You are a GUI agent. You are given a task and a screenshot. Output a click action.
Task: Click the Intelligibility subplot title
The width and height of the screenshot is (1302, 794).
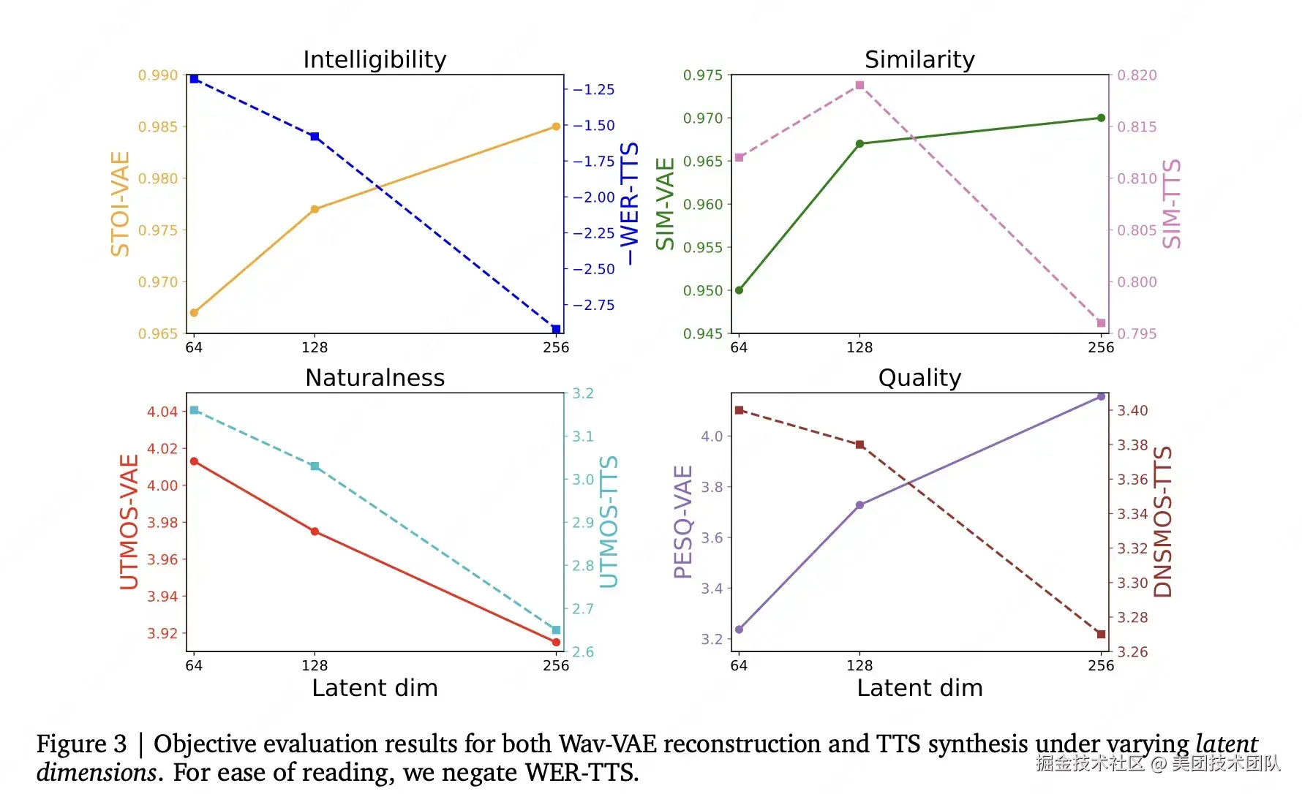tap(375, 59)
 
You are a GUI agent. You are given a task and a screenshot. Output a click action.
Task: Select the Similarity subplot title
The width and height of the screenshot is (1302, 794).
tap(919, 59)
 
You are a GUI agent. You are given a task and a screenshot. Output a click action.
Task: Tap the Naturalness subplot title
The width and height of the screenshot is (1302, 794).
tap(375, 377)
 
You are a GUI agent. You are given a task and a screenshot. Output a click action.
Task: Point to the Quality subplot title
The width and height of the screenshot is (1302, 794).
tap(919, 377)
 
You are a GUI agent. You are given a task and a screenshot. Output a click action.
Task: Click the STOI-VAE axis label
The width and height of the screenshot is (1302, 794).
tap(120, 204)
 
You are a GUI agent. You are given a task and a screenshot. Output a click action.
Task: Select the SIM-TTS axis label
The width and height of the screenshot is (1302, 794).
tap(1172, 204)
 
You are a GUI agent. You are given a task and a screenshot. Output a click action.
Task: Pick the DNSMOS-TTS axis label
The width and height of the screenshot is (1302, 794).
tap(1163, 522)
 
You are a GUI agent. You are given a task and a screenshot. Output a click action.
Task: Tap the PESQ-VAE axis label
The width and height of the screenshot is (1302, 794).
tap(682, 522)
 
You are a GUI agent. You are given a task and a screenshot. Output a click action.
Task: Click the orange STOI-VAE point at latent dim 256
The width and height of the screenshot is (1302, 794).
tap(556, 126)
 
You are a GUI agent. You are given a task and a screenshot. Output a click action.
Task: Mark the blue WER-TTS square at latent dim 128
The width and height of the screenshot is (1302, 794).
tap(315, 137)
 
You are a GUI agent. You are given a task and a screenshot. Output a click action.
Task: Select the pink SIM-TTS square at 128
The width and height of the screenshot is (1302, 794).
tap(859, 86)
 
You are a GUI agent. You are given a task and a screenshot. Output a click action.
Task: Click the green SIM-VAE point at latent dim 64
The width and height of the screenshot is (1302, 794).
tap(739, 290)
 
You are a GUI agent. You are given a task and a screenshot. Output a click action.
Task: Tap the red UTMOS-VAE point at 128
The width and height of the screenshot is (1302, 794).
tap(315, 532)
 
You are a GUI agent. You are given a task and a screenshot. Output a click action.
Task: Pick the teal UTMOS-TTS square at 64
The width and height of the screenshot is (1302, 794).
tap(194, 410)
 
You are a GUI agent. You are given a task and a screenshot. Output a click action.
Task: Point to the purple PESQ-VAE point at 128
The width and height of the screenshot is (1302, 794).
tap(859, 505)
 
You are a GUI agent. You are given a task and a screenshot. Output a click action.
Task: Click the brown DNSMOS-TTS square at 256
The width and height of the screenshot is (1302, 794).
tap(1101, 634)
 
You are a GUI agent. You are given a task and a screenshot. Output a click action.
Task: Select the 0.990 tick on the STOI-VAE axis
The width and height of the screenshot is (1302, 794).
tap(158, 75)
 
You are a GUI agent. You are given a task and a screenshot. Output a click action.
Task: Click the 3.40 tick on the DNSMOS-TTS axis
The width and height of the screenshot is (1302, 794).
tap(1132, 411)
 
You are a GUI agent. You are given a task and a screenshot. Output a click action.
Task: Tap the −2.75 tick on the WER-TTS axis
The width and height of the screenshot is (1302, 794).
tap(593, 306)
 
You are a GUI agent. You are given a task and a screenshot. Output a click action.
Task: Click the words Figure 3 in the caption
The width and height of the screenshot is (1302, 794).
tap(81, 744)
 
